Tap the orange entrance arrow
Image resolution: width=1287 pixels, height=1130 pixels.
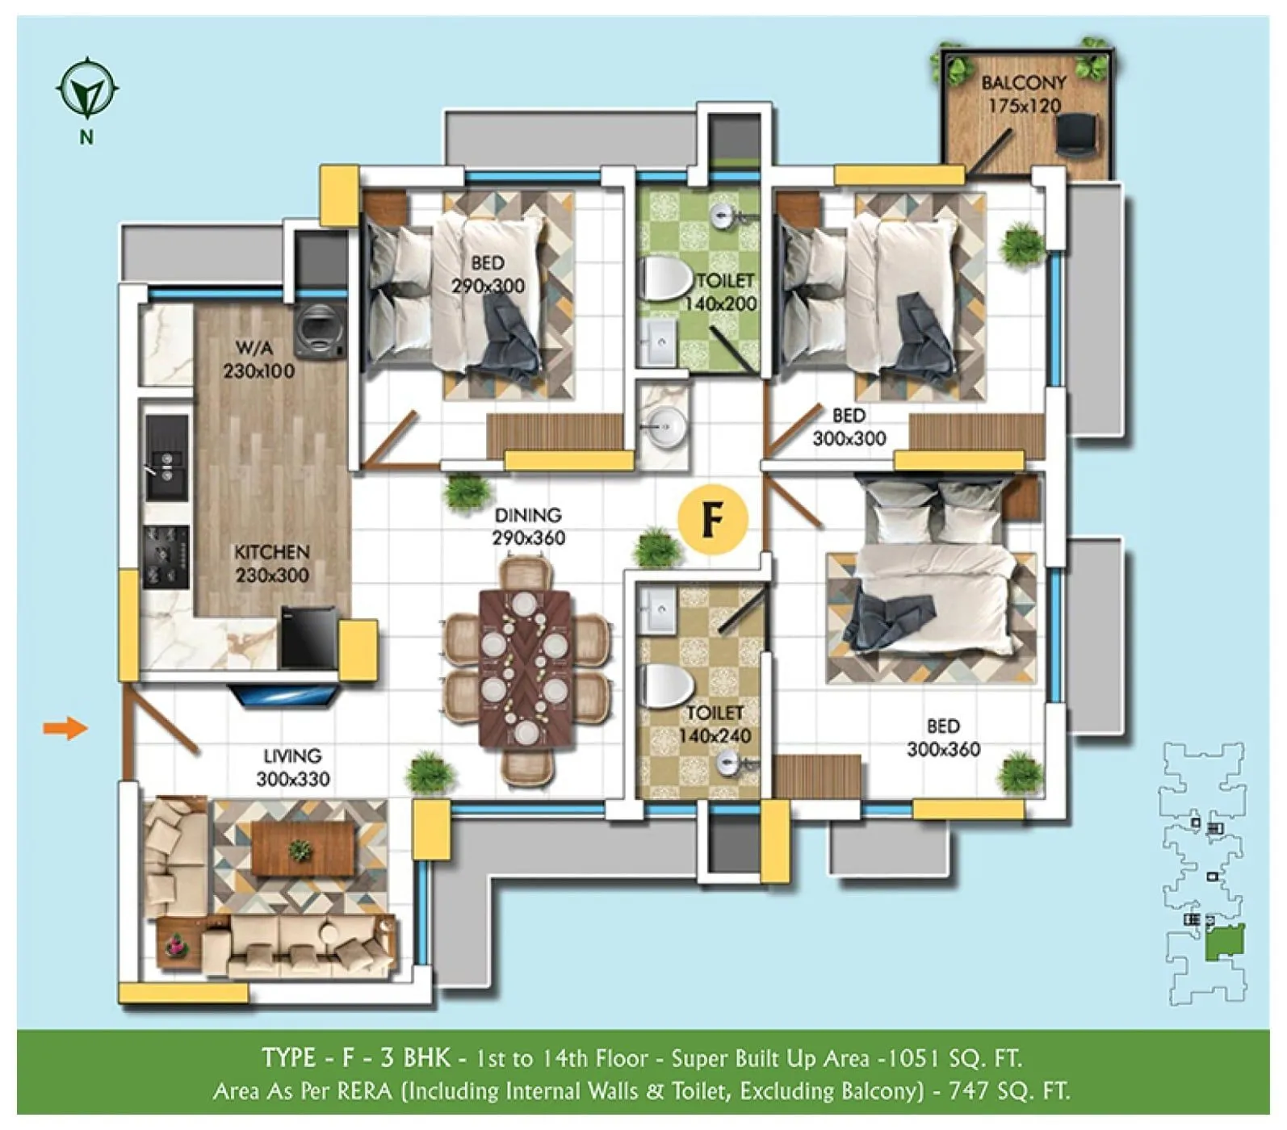coord(65,728)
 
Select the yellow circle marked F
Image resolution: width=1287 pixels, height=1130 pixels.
coord(712,519)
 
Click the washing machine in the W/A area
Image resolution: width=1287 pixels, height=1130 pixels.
coord(319,331)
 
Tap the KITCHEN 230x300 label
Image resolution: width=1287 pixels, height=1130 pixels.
coord(272,563)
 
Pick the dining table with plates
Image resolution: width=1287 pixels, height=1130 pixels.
coord(525,666)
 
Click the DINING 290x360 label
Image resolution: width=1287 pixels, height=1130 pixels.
coord(528,526)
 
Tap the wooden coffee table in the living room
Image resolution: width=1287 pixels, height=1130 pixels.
coord(303,848)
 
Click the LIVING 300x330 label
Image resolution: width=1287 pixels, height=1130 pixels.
coord(292,767)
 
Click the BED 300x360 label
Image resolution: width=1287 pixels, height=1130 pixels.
coord(943,737)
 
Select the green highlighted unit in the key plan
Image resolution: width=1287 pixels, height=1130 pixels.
coord(1225,942)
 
